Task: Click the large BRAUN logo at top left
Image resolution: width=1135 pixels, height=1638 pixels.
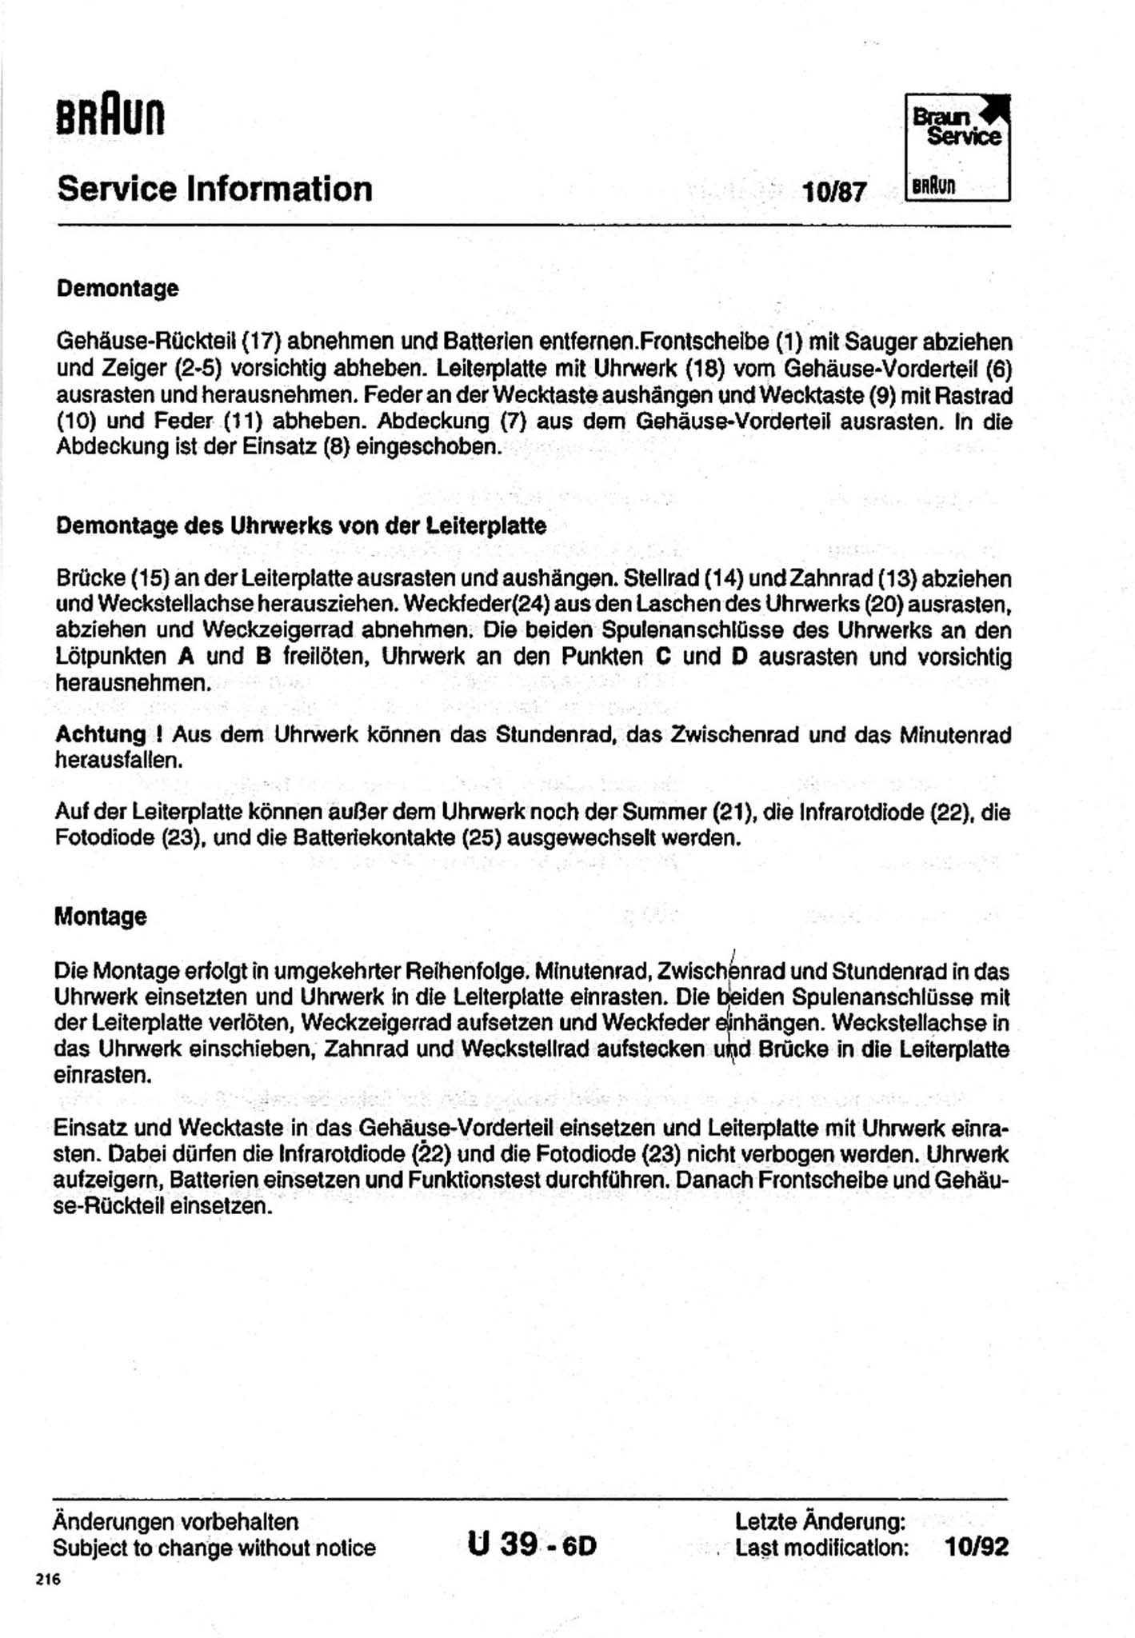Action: pos(110,117)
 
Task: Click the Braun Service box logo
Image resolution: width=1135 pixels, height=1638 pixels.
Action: pos(957,147)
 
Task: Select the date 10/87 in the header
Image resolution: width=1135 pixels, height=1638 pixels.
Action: pos(834,193)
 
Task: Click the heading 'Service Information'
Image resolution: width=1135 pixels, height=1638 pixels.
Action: pos(214,190)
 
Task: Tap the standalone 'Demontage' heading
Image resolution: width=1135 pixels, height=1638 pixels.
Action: pos(118,288)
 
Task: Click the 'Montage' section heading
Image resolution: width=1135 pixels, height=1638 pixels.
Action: pos(101,916)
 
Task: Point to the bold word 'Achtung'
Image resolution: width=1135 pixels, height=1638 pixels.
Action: pos(100,734)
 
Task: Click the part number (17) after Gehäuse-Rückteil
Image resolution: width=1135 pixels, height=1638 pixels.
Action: pos(258,342)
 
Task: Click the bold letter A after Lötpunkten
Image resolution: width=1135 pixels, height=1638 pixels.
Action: pos(186,657)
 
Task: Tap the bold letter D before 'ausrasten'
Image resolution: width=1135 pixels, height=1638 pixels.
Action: pos(739,657)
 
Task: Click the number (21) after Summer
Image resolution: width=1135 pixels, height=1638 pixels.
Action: pos(735,813)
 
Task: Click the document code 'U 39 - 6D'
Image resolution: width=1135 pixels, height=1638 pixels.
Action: pos(532,1544)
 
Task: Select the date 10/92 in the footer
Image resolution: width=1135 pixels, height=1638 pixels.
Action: pos(977,1547)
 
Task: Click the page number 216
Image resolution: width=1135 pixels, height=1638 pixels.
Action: pos(48,1580)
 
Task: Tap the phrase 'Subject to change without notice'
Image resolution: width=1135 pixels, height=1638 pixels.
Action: pos(214,1548)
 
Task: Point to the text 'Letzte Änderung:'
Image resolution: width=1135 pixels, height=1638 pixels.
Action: pos(820,1520)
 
